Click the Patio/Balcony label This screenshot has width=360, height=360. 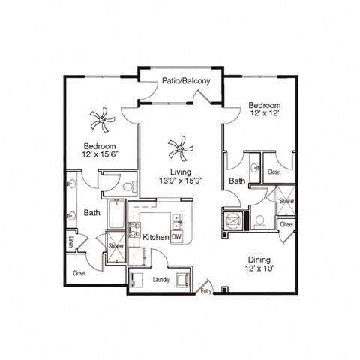181,81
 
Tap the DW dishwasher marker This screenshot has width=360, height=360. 178,237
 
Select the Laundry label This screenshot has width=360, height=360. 161,280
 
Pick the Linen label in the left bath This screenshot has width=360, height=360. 71,241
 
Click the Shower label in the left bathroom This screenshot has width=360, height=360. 116,246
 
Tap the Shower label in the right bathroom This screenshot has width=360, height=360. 286,202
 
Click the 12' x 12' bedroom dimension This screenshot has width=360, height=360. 265,114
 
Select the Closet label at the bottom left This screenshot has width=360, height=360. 79,273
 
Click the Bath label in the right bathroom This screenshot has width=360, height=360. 237,181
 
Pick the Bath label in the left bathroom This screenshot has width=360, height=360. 92,213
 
